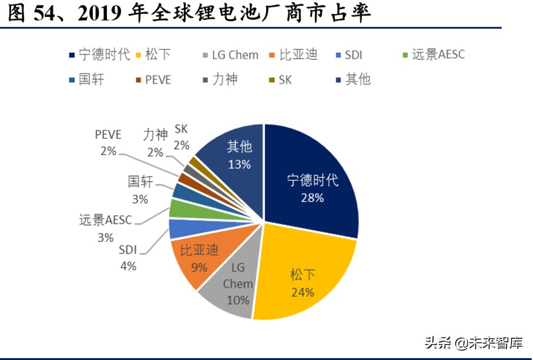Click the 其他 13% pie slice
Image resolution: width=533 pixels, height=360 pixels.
235,153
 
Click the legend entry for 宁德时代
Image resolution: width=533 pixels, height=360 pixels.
99,55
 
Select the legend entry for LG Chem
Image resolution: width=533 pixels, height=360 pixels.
229,55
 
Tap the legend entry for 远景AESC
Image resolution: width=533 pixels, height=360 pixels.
432,55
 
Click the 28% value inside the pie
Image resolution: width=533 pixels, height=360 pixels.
312,198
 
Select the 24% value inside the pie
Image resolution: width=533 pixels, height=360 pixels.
302,292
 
